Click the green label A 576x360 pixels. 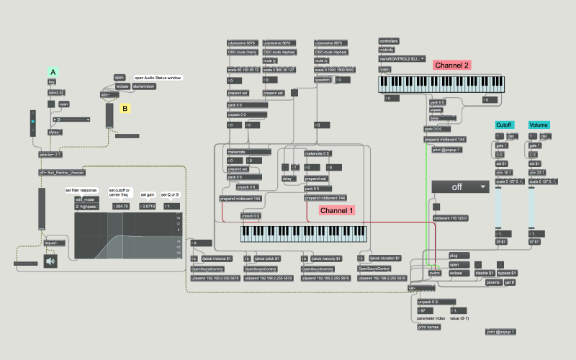pyautogui.click(x=52, y=71)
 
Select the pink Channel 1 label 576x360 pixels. pyautogui.click(x=337, y=211)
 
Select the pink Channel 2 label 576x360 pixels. pyautogui.click(x=452, y=65)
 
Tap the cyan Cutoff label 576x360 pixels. pyautogui.click(x=504, y=125)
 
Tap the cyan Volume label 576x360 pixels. pyautogui.click(x=539, y=125)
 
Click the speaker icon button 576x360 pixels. pyautogui.click(x=50, y=261)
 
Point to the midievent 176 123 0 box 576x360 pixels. pyautogui.click(x=451, y=217)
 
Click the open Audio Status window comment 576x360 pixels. pyautogui.click(x=158, y=77)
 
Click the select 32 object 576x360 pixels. pyautogui.click(x=56, y=93)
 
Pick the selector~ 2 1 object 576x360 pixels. pyautogui.click(x=50, y=154)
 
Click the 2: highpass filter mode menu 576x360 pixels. pyautogui.click(x=88, y=206)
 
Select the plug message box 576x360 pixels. pyautogui.click(x=454, y=256)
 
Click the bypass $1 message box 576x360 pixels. pyautogui.click(x=509, y=273)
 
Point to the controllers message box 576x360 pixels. pyautogui.click(x=389, y=41)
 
